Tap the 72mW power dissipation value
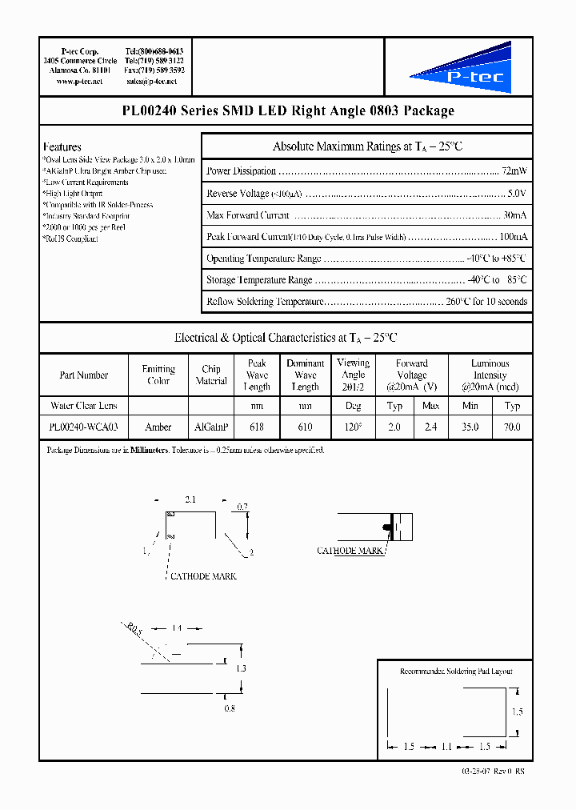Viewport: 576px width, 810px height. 514,171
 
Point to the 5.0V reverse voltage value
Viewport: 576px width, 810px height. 517,194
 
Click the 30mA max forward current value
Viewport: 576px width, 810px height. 514,215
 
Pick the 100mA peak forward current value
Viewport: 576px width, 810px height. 513,238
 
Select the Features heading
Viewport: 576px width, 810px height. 62,147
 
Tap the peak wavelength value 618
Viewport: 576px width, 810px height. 257,427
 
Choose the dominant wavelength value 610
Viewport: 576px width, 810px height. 305,427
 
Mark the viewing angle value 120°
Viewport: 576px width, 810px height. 353,427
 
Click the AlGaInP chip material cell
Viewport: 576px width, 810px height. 211,427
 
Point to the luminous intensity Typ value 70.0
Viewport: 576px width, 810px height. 511,427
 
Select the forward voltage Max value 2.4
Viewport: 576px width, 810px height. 430,427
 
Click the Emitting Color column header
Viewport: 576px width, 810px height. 158,375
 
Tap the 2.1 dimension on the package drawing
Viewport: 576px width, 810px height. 191,499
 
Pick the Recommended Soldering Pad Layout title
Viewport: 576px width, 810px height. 456,672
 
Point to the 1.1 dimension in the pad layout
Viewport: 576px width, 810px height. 446,746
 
